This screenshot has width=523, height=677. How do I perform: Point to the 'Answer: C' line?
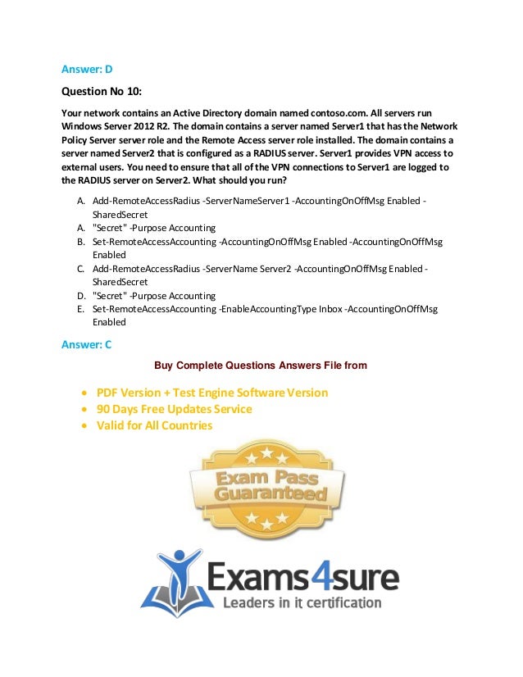pyautogui.click(x=87, y=344)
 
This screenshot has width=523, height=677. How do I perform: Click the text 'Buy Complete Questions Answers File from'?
pyautogui.click(x=261, y=366)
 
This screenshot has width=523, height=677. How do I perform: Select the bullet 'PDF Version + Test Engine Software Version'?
pyautogui.click(x=211, y=393)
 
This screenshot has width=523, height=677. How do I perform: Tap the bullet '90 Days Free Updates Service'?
pyautogui.click(x=174, y=409)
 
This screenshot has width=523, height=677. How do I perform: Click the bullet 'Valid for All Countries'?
pyautogui.click(x=154, y=425)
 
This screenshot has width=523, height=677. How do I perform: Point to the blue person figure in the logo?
pyautogui.click(x=177, y=575)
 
